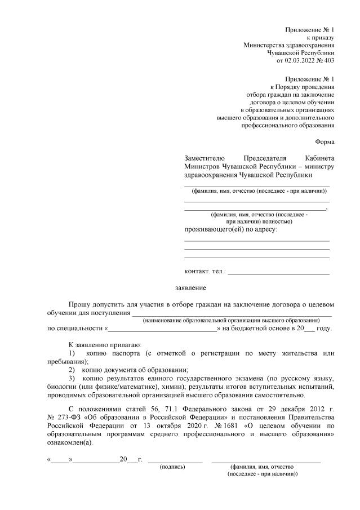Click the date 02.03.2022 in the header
pos(301,60)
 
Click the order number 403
pos(329,60)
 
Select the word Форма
pos(324,142)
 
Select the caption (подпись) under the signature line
pos(172,467)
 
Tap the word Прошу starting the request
pos(79,304)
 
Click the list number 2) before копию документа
pos(72,370)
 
